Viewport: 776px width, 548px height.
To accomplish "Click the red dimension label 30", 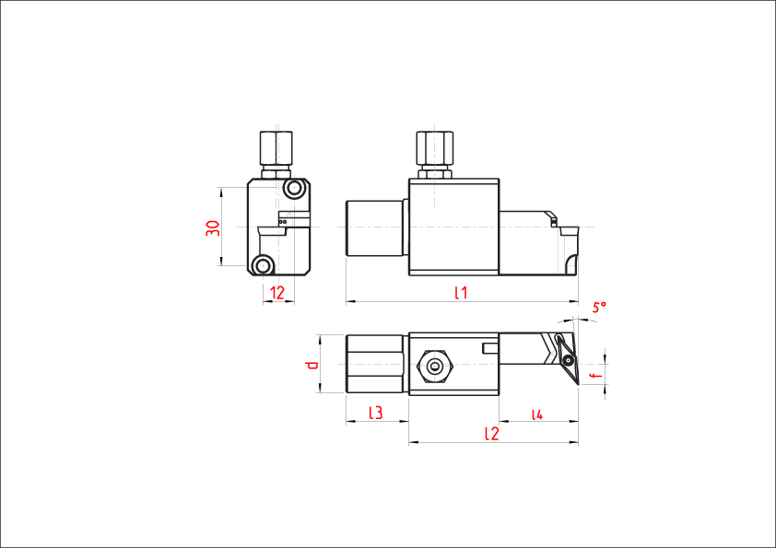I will (x=213, y=227).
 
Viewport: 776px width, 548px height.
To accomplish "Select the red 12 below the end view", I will (x=277, y=293).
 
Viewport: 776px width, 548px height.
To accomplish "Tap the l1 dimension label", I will (x=461, y=293).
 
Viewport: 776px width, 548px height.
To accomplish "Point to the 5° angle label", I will (x=599, y=307).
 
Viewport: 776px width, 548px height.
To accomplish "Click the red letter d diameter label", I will (x=312, y=366).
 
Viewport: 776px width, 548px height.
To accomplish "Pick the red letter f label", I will (x=595, y=375).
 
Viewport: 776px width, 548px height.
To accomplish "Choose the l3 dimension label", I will (x=375, y=413).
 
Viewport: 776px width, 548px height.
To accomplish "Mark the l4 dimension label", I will (x=537, y=414).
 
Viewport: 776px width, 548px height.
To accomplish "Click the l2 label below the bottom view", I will (x=491, y=433).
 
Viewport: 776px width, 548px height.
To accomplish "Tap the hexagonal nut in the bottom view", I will (x=434, y=365).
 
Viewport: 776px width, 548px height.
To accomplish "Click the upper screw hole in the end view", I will (x=295, y=190).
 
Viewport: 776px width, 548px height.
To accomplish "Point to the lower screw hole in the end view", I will (x=265, y=265).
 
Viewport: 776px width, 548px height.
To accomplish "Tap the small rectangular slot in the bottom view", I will (x=490, y=347).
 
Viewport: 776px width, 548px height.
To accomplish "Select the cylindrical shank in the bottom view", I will (x=375, y=364).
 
